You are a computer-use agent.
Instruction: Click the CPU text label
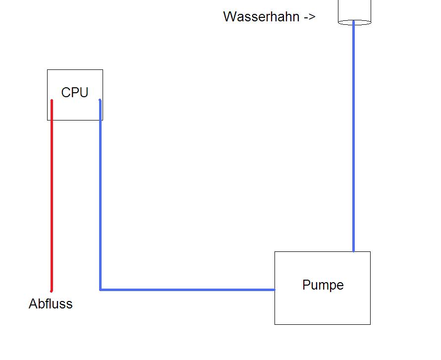[75, 93]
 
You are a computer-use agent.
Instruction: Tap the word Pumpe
[323, 285]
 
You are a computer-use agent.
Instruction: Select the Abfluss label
[51, 304]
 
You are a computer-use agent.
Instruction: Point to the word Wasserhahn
[261, 17]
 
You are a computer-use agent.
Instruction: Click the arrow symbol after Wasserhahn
[310, 17]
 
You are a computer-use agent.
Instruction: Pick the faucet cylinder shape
[354, 11]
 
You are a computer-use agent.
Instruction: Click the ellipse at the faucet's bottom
[354, 22]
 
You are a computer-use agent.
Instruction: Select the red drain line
[52, 198]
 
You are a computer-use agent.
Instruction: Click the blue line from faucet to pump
[353, 139]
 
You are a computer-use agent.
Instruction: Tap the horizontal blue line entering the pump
[188, 289]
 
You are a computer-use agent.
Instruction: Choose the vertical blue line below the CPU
[100, 198]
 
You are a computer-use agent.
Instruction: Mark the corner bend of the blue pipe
[101, 289]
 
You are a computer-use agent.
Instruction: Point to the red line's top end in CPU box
[52, 101]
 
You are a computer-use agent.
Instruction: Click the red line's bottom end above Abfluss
[52, 291]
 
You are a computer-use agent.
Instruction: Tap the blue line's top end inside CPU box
[100, 101]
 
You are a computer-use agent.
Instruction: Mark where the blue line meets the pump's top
[353, 251]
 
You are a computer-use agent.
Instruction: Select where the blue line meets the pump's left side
[275, 289]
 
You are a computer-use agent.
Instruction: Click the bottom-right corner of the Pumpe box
[370, 324]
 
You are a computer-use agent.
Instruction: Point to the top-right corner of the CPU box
[103, 70]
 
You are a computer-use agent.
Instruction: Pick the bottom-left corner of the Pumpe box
[275, 324]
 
